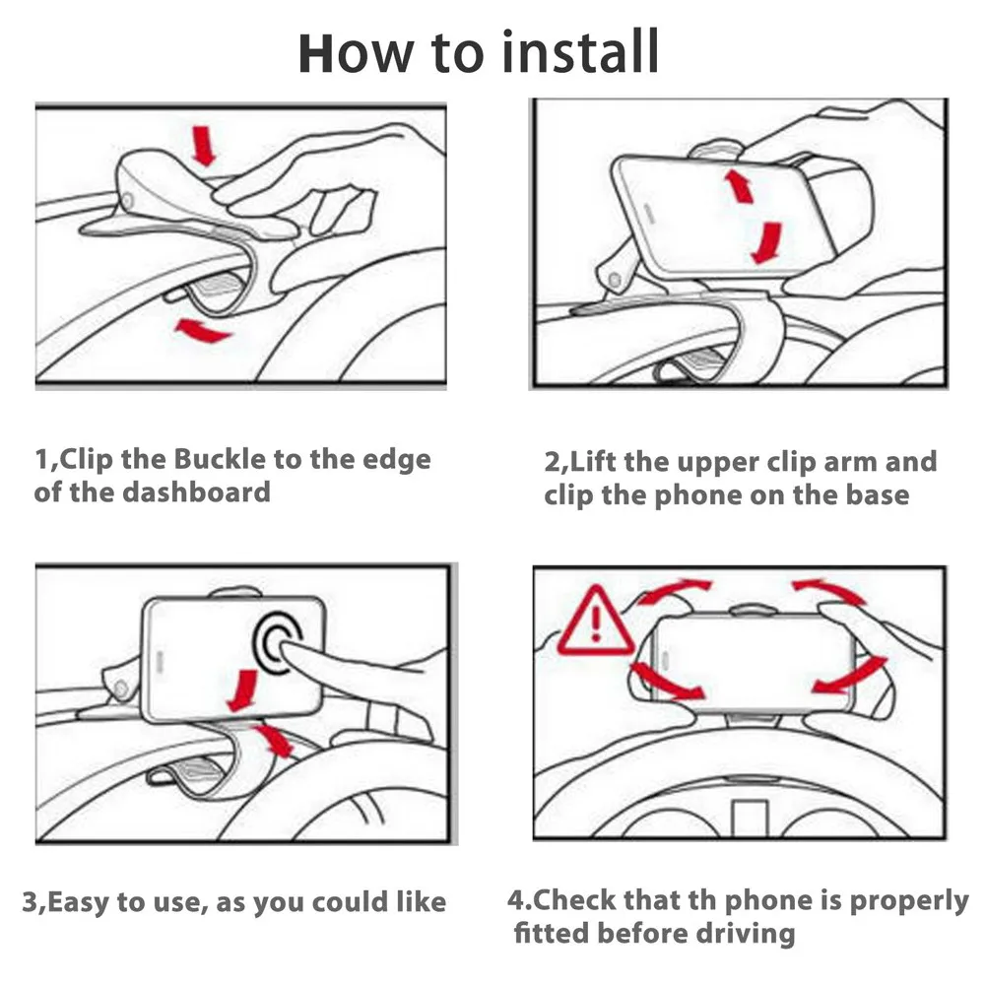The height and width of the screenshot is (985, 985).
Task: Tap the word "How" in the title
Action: [356, 53]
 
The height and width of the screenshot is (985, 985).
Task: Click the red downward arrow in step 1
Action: [204, 146]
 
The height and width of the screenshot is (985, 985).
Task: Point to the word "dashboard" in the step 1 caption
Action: [197, 492]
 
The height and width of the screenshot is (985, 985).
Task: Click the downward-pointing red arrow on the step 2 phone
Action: [766, 242]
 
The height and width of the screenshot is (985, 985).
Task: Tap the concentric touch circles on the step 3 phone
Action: [279, 640]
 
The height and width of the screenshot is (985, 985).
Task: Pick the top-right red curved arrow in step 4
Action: [830, 591]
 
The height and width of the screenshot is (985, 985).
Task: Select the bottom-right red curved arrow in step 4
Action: [849, 676]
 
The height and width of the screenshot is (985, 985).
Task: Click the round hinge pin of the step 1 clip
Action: [127, 200]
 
